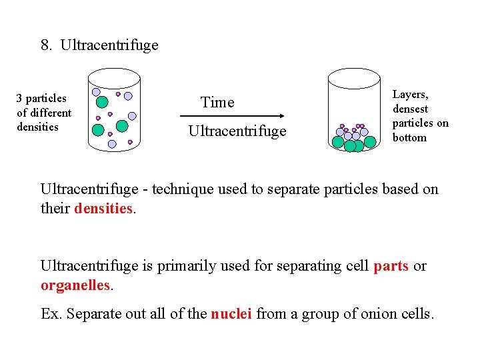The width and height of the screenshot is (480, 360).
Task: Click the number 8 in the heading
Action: (x=45, y=45)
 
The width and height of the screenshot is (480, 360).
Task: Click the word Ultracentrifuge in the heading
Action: (x=109, y=45)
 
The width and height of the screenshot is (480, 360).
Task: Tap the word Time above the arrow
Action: (x=217, y=102)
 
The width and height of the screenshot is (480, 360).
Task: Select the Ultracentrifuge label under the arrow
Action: (x=237, y=131)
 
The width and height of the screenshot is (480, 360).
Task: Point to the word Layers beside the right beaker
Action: (x=409, y=95)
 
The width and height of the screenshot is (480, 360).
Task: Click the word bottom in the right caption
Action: (x=409, y=137)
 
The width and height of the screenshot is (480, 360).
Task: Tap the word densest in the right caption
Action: (x=410, y=109)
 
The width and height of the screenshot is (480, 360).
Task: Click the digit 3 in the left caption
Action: (x=19, y=99)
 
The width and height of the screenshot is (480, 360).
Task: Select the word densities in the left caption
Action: (x=37, y=127)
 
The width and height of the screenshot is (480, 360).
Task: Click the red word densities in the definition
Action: (x=103, y=208)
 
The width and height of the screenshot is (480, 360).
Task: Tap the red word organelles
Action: (x=75, y=285)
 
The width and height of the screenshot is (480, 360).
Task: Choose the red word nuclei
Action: (x=231, y=313)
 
